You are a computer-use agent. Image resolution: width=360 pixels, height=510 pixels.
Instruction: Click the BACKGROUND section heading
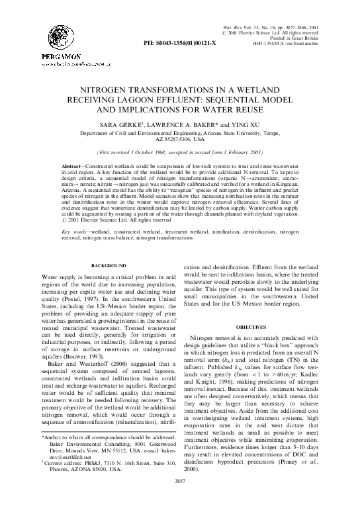[99, 283]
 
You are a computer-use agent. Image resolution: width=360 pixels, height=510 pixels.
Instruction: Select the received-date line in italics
[180, 152]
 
